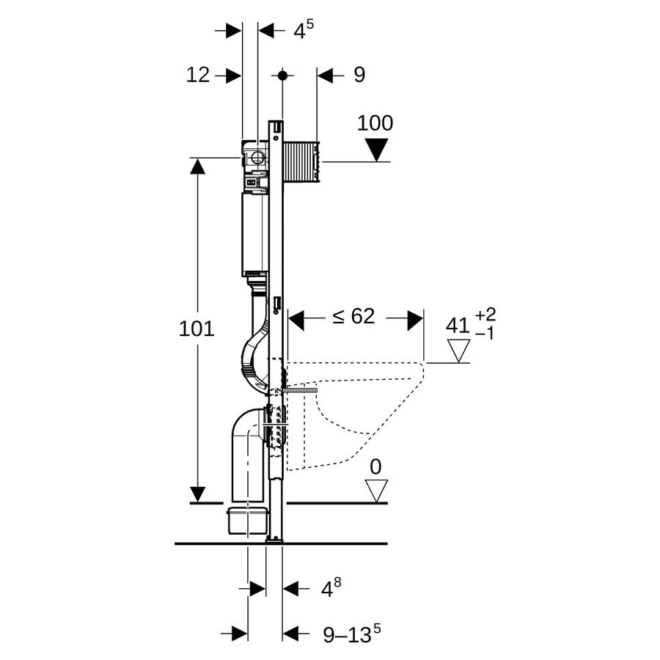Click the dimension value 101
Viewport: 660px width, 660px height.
pyautogui.click(x=197, y=329)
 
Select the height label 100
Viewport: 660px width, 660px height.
pyautogui.click(x=375, y=123)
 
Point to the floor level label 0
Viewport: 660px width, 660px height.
pyautogui.click(x=375, y=467)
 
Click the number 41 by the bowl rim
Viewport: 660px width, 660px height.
pyautogui.click(x=458, y=326)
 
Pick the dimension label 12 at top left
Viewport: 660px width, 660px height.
pyautogui.click(x=198, y=75)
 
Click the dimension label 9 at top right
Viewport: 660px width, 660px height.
pyautogui.click(x=359, y=75)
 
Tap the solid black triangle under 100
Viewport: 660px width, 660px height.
pyautogui.click(x=376, y=150)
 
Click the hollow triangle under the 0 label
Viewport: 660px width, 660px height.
pyautogui.click(x=376, y=491)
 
